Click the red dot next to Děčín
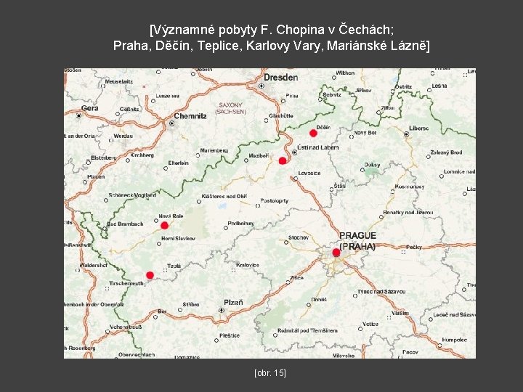coord(313,133)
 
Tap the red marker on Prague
coord(336,253)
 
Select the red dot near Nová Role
coord(164,225)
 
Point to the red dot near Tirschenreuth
coord(150,275)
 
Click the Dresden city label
coord(280,77)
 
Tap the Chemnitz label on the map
coord(190,116)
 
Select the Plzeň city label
coord(233,302)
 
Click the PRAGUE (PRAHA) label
coord(357,241)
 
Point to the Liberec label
coord(418,128)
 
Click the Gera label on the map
coord(89,108)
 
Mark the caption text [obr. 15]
coord(270,372)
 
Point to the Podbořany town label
coord(241,224)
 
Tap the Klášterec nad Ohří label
coord(224,197)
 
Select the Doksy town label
coord(372,165)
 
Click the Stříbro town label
coord(191,305)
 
